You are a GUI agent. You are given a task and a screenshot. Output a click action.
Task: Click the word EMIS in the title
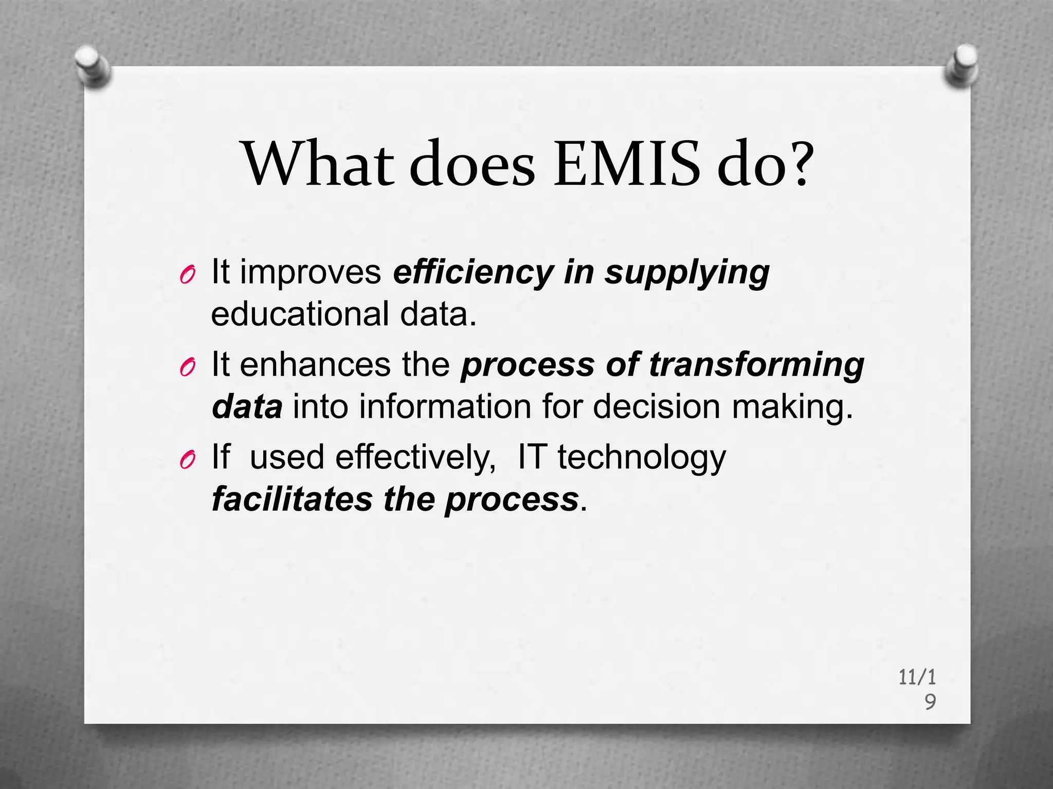pyautogui.click(x=627, y=164)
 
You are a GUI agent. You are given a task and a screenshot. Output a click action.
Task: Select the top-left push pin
pyautogui.click(x=93, y=67)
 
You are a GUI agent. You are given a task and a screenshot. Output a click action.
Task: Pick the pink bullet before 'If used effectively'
pyautogui.click(x=187, y=460)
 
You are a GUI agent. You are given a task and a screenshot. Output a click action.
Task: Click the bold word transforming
pyautogui.click(x=756, y=365)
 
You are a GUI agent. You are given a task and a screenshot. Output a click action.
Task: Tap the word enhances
pyautogui.click(x=315, y=364)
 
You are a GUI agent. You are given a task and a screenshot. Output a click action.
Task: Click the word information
pyautogui.click(x=445, y=406)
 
